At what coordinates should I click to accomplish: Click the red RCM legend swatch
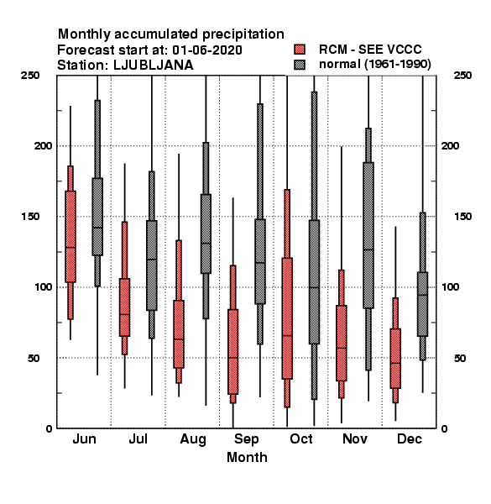coord(300,50)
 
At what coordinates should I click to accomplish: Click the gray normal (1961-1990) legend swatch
coord(300,65)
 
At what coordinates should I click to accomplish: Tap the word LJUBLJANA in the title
coord(154,66)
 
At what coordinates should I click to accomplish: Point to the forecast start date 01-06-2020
coord(207,50)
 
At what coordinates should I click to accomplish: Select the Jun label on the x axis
coord(85,438)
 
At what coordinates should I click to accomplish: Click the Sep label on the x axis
coord(246,439)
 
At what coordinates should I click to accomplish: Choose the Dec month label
coord(410,438)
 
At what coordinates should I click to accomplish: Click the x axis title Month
coord(247,457)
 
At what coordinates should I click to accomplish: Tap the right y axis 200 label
coord(450,146)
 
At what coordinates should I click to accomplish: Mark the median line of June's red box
coord(71,248)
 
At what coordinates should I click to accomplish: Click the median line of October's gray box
coord(315,287)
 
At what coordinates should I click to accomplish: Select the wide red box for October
coord(287,318)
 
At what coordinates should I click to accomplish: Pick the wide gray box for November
coord(368,235)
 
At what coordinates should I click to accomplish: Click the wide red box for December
coord(395,359)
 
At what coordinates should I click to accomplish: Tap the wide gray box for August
coord(206,234)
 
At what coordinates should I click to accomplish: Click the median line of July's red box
coord(124,314)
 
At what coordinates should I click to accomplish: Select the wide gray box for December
coord(423,304)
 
